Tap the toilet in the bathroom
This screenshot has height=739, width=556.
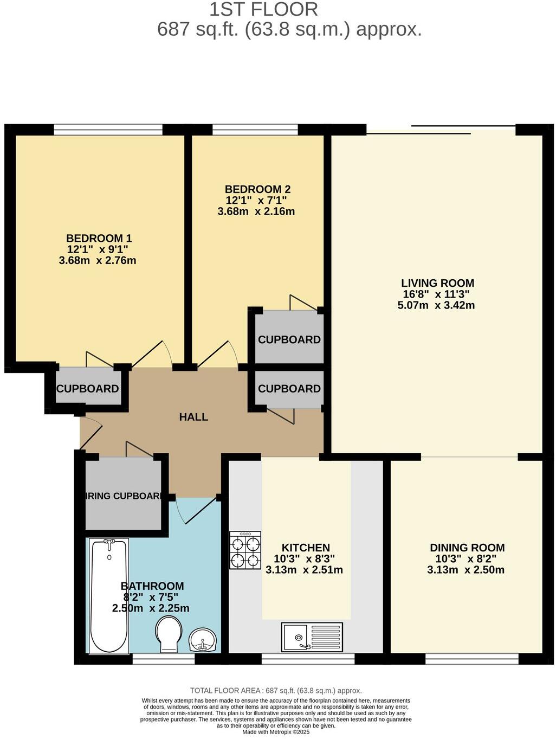168,635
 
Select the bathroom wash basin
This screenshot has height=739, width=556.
203,640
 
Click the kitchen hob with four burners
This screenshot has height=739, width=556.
245,550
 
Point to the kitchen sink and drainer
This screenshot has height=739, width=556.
312,637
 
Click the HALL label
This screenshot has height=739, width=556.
193,417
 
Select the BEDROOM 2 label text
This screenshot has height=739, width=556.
257,189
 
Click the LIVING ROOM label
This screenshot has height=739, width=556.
437,283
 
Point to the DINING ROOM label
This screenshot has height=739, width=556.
467,548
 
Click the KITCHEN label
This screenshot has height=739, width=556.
306,548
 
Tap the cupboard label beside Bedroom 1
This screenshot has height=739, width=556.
87,389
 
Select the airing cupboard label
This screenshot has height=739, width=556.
124,496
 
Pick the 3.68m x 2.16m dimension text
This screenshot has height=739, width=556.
256,211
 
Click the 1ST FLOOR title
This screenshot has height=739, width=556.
263,9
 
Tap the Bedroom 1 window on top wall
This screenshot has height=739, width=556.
108,130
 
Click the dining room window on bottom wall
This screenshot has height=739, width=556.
471,659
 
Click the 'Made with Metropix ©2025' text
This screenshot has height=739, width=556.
276,731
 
